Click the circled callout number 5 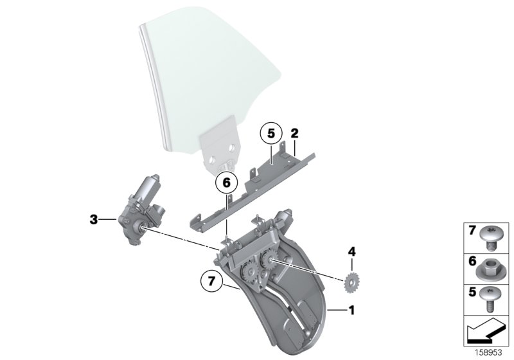pos(270,134)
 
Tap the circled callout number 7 pos(211,281)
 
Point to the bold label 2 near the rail pos(294,134)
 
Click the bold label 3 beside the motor pos(94,220)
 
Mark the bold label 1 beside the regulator pos(350,310)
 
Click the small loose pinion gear pos(351,281)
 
